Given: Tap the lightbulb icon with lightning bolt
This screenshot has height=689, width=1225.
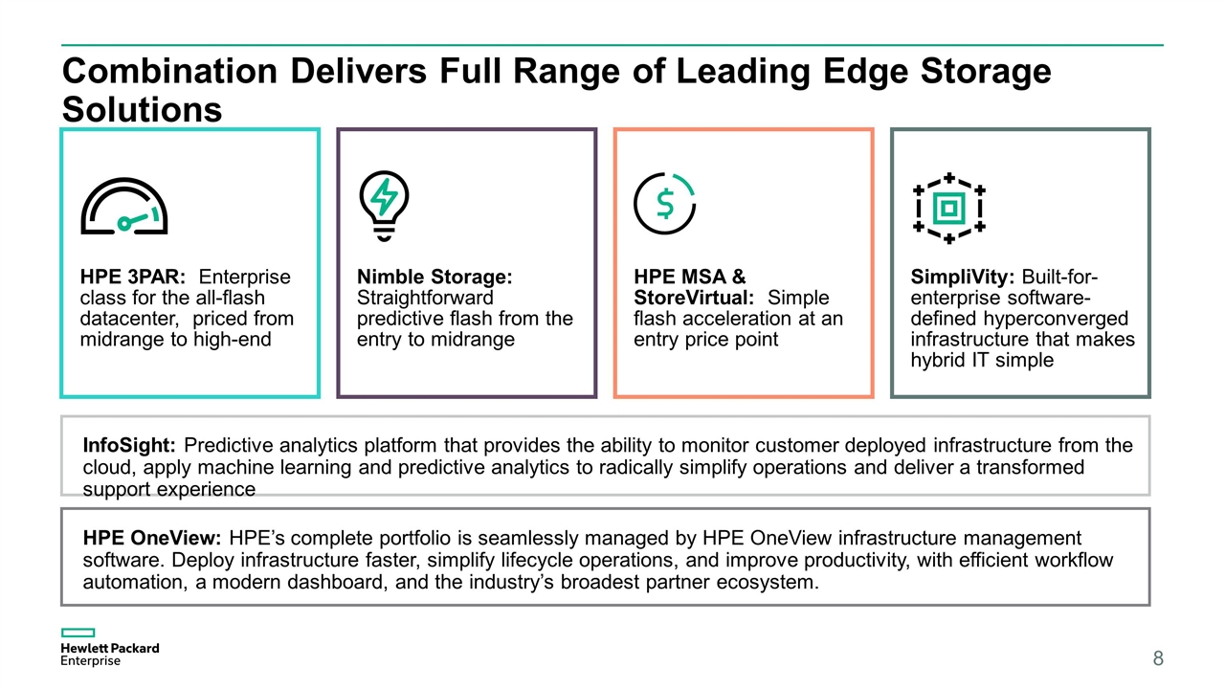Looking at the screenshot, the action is coord(384,206).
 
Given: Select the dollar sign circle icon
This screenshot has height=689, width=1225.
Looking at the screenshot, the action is coord(664,204).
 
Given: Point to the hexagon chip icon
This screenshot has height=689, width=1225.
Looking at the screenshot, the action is coord(948,208).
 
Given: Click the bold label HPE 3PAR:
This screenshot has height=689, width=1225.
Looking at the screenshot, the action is coord(133,277).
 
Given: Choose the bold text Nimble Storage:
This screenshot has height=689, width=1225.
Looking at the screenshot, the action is coord(434,277).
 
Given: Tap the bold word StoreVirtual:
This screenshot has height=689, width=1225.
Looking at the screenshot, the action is coord(694,298).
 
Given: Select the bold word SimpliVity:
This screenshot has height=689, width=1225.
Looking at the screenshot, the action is coord(963,278).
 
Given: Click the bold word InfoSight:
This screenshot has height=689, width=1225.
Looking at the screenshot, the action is coord(129,445).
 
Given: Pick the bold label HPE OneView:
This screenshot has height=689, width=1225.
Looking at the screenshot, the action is coord(152,538).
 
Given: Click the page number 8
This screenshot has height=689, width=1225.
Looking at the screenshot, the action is coord(1158,657).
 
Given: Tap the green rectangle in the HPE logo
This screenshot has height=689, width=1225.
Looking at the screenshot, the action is coord(78,633).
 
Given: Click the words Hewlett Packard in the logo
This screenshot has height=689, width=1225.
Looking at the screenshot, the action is coord(110,648).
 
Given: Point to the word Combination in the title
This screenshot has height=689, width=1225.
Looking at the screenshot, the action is coord(170,71).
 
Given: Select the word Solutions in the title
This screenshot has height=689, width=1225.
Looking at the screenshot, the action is coord(143,109).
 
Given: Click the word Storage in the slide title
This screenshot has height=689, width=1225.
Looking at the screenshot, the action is coord(986,72).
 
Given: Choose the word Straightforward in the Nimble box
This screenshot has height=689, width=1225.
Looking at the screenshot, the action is coord(425,298).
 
